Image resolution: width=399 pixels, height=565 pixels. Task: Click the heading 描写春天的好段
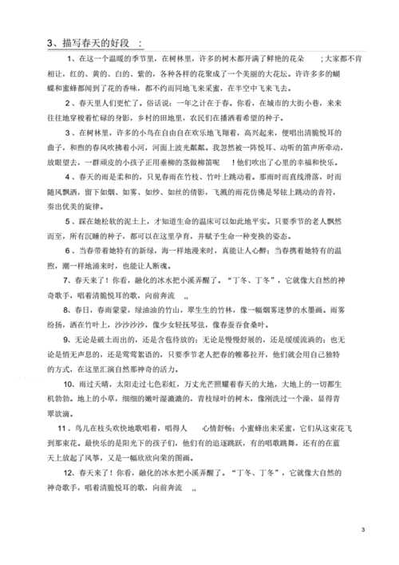96,42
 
